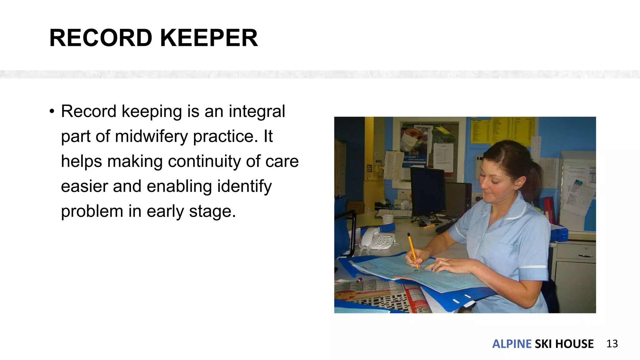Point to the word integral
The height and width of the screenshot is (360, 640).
tap(257, 111)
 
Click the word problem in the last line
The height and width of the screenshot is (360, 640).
tap(92, 211)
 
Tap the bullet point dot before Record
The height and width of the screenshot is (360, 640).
tap(52, 111)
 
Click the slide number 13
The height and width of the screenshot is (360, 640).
tap(612, 344)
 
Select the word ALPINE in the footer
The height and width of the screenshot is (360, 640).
tap(512, 344)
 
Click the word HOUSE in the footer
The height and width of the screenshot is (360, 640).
tap(574, 344)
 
